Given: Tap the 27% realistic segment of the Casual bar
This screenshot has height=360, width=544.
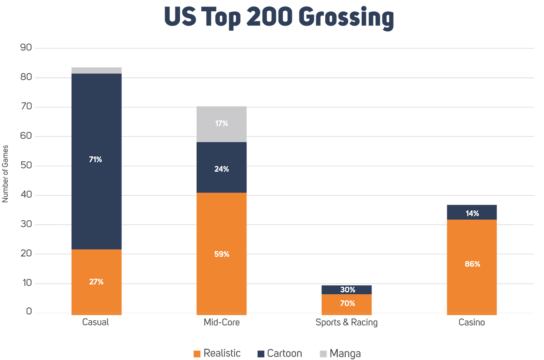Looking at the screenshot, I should (96, 281).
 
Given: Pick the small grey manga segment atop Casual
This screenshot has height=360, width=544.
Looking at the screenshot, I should (96, 70).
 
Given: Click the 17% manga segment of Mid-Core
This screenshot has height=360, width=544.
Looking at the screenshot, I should (221, 124).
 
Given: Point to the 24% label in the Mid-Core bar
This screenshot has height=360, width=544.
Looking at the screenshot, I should (221, 169).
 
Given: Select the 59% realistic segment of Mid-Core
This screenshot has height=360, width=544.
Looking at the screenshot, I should (221, 253).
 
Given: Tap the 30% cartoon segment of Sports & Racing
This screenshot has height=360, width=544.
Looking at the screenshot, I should (347, 290).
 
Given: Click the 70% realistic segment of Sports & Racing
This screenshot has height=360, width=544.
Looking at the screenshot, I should (347, 303).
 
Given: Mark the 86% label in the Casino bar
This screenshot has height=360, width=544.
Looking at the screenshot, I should (472, 264).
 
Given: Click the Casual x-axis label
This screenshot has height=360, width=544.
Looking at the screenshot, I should (96, 322).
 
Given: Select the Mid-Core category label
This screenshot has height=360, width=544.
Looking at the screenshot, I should (222, 322).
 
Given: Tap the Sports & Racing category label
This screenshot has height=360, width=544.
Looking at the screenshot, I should (346, 322).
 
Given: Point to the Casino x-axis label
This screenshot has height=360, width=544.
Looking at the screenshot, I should (472, 322).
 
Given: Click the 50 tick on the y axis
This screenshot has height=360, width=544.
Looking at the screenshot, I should (26, 166).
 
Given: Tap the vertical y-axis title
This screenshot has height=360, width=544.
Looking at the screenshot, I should (6, 174).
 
